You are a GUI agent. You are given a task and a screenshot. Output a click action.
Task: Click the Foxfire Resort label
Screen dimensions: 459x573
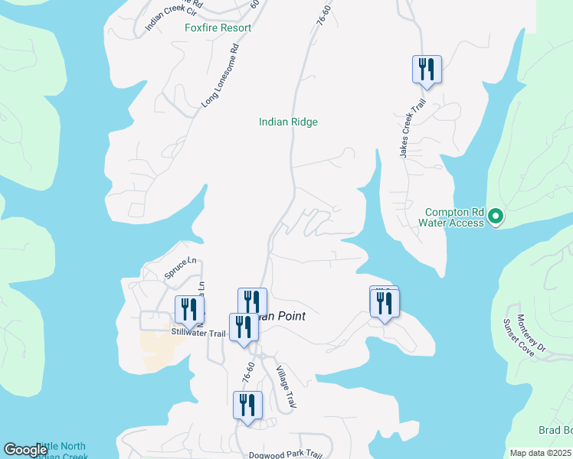click(218, 28)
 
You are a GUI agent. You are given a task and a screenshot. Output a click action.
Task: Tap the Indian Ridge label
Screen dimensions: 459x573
click(288, 122)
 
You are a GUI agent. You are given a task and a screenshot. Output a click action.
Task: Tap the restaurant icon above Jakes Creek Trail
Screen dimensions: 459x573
click(426, 70)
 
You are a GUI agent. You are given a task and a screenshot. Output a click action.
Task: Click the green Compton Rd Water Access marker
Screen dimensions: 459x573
click(496, 217)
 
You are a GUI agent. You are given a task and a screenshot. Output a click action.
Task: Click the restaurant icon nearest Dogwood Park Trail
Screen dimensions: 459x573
click(247, 405)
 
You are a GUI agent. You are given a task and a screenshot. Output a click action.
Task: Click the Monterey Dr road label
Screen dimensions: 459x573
click(530, 334)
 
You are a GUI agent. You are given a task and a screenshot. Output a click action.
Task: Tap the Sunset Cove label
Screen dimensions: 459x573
click(517, 339)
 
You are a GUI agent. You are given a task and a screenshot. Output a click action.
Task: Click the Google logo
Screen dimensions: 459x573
click(25, 450)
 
